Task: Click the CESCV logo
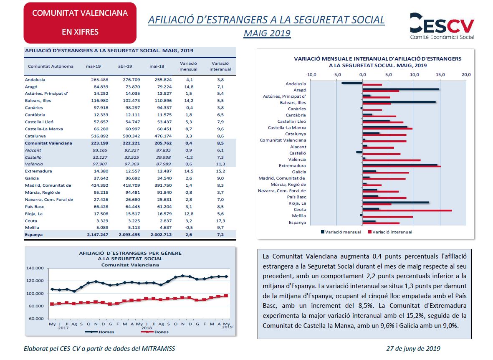[x=442, y=26]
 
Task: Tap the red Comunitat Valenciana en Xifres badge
[x=80, y=23]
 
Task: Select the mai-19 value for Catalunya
[x=100, y=136]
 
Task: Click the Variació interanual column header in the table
[x=220, y=66]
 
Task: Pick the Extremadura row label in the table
[x=38, y=171]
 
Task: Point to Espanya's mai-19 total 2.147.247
[x=97, y=234]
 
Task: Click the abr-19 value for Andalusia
[x=131, y=80]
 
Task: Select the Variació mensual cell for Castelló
[x=189, y=157]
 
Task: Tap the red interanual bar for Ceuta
[x=407, y=210]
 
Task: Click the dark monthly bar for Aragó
[x=401, y=89]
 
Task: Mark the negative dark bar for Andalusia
[x=352, y=83]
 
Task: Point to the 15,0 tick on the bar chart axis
[x=440, y=75]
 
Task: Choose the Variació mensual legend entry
[x=341, y=232]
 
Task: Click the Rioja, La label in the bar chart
[x=297, y=203]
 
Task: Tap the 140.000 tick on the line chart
[x=35, y=268]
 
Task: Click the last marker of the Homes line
[x=226, y=276]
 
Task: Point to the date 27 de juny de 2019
[x=413, y=348]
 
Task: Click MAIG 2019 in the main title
[x=267, y=33]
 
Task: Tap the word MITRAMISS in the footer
[x=158, y=348]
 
